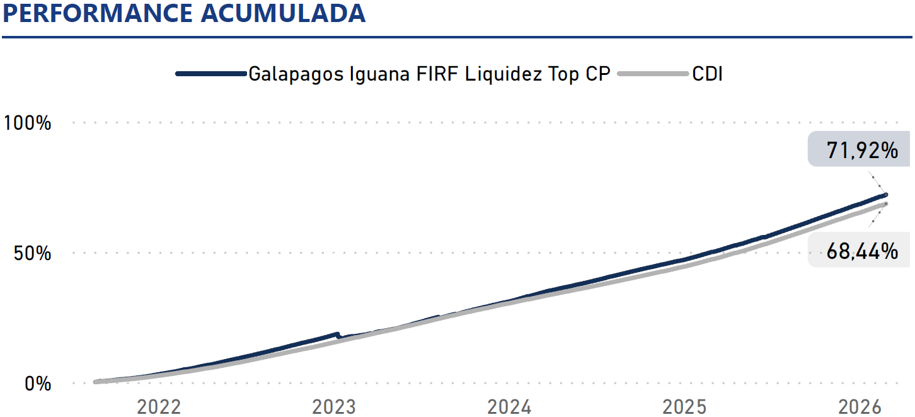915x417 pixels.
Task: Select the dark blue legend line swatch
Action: click(x=210, y=74)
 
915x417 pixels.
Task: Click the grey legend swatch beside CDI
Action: click(x=653, y=74)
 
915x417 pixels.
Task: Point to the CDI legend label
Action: click(x=707, y=74)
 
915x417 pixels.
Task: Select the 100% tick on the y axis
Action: click(x=28, y=122)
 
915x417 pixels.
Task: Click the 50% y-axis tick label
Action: click(x=33, y=253)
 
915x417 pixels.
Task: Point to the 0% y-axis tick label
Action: click(x=38, y=383)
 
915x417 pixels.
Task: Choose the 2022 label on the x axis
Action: click(x=159, y=407)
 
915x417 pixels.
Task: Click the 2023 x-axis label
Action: click(x=334, y=407)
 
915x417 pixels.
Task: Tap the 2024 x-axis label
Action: click(x=509, y=407)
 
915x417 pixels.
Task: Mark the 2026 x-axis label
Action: click(x=860, y=407)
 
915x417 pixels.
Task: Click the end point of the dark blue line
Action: click(x=886, y=195)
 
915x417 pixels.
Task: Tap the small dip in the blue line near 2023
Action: click(x=339, y=336)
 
